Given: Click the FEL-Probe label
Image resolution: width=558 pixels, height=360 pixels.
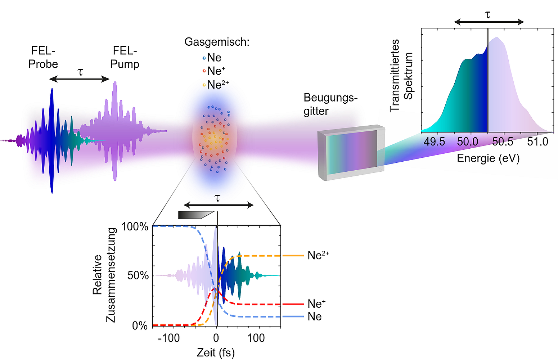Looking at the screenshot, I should pos(43,57).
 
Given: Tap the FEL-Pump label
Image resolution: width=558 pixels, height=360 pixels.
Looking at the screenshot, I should pos(125,57).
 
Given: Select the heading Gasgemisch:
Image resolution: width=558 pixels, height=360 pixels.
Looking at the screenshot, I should pos(217,42).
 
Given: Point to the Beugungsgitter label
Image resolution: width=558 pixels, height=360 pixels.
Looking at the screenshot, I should pos(330,104).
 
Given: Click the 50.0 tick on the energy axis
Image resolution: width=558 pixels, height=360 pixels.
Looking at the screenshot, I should pos(468,141).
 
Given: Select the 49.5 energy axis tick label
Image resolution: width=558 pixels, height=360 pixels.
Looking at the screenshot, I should pos(434,141).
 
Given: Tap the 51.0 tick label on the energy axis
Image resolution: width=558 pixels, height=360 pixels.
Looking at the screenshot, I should pos(537,141).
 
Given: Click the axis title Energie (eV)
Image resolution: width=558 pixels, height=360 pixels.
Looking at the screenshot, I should pos(488,158).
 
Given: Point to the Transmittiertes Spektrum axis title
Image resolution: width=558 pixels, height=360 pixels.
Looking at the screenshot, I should pos(402,76).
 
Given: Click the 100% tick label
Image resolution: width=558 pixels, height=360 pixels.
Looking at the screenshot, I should pos(135,226).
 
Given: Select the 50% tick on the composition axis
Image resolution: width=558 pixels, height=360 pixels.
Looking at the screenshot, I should pos(138,276).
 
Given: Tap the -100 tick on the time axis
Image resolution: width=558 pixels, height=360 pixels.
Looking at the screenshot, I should pos(169,338).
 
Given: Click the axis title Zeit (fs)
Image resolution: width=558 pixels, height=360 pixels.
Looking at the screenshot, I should pos(216,352).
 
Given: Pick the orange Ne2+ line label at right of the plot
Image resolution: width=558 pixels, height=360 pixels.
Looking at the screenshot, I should pos(318,255).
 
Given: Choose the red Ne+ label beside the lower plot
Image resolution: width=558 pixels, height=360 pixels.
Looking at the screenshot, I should pos(316,303).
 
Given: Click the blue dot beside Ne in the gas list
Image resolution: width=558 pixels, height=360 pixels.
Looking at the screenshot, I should pos(204,58).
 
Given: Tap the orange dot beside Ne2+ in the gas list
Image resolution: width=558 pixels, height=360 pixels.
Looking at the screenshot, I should pos(204,85).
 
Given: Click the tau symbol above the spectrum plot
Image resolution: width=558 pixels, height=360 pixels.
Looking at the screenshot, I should pos(488,15).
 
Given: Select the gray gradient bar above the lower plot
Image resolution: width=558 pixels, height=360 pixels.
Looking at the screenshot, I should pos(196,215).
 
